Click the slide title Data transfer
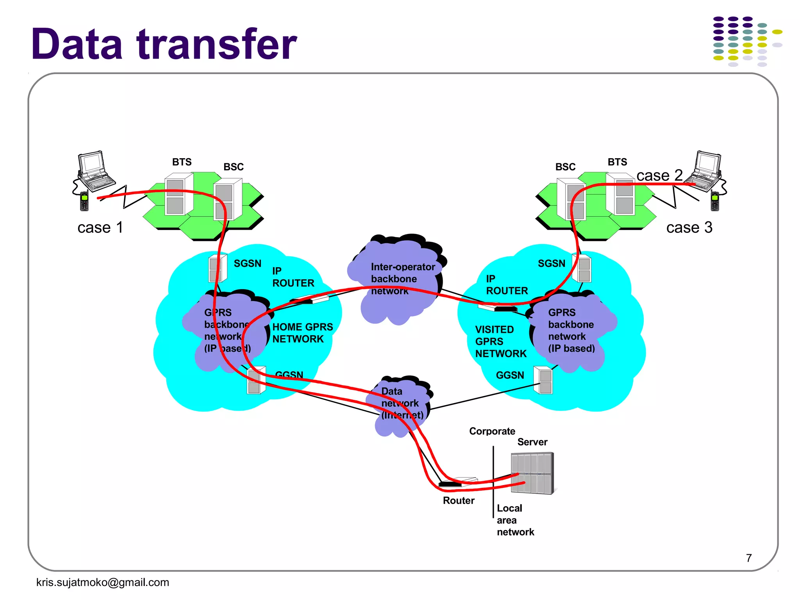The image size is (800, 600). [x=164, y=44]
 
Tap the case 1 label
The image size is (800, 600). [x=100, y=227]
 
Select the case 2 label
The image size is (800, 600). [x=659, y=175]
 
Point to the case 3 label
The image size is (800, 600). [x=689, y=227]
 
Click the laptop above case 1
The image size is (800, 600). [x=94, y=170]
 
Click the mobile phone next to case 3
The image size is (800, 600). [x=714, y=201]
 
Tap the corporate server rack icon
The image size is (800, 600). [x=532, y=473]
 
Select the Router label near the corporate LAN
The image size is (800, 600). [x=459, y=500]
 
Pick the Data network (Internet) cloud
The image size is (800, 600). [x=400, y=404]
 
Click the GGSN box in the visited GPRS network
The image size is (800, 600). [x=543, y=380]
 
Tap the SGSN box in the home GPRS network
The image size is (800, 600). [x=217, y=268]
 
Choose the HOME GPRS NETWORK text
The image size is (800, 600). [x=302, y=333]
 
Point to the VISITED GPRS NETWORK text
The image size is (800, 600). [x=500, y=341]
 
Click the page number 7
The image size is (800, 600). [x=748, y=558]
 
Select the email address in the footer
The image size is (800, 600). [x=102, y=582]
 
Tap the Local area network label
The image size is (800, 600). [x=515, y=520]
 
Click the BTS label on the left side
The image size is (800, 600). [x=182, y=162]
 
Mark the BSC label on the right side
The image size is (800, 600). [x=565, y=167]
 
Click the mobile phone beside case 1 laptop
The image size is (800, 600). [x=84, y=201]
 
